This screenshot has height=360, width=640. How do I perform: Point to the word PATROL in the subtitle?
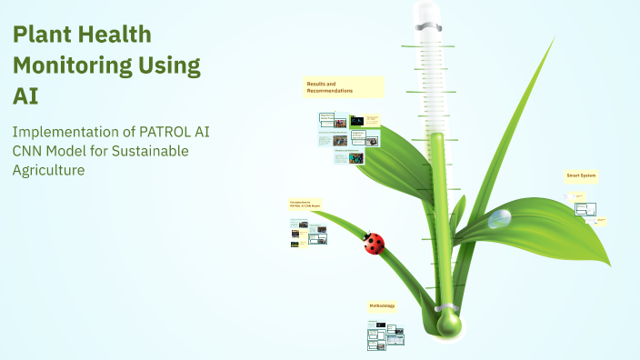tap(155, 131)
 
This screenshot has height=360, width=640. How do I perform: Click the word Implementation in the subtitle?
tap(63, 131)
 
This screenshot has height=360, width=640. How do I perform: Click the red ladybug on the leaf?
tap(374, 243)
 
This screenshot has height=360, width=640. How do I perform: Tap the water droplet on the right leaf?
tap(499, 219)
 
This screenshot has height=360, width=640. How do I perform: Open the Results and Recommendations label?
tap(344, 87)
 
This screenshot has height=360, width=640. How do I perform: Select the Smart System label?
tap(581, 175)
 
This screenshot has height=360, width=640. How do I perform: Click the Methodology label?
tap(382, 307)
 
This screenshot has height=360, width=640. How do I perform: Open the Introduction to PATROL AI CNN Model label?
tap(304, 205)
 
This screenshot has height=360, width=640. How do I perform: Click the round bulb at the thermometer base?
tap(448, 323)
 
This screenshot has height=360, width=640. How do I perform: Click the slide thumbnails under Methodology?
tap(385, 337)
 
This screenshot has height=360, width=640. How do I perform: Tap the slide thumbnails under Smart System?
tap(586, 209)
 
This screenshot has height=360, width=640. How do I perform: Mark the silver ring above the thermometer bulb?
tap(446, 304)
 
